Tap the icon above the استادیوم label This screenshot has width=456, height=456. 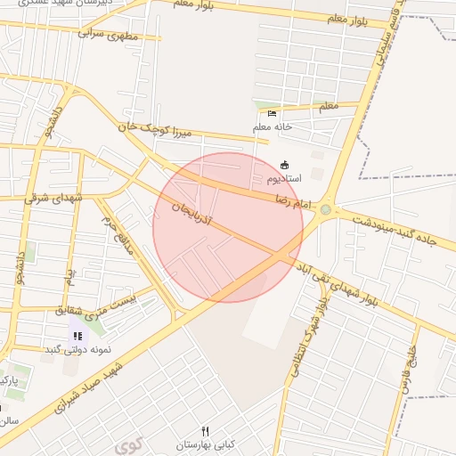[x=285, y=165]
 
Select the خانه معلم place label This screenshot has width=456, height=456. [x=273, y=126]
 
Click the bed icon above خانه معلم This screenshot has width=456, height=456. [x=272, y=113]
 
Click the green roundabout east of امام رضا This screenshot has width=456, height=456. [x=326, y=210]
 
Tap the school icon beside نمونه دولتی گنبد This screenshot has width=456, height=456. [x=77, y=336]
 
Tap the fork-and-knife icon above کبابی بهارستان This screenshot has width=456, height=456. [x=206, y=431]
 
